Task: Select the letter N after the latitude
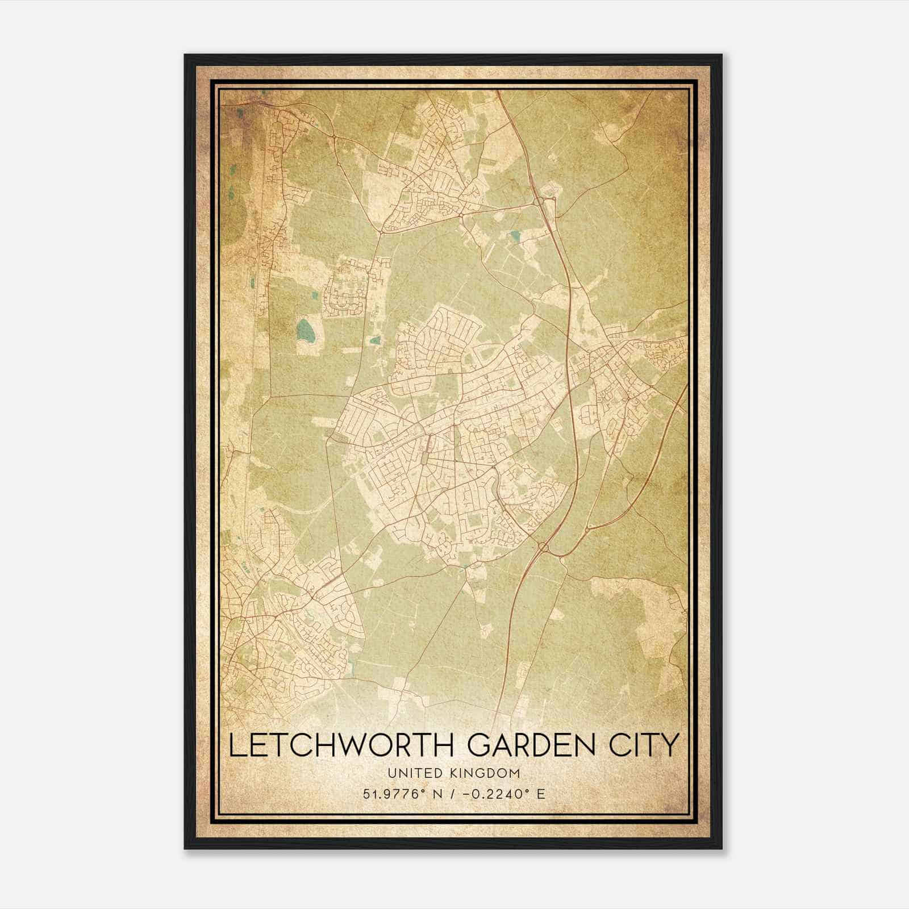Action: [437, 794]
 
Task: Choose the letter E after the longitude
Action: [541, 794]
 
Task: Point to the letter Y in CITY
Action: [671, 745]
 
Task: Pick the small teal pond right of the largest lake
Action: [375, 341]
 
